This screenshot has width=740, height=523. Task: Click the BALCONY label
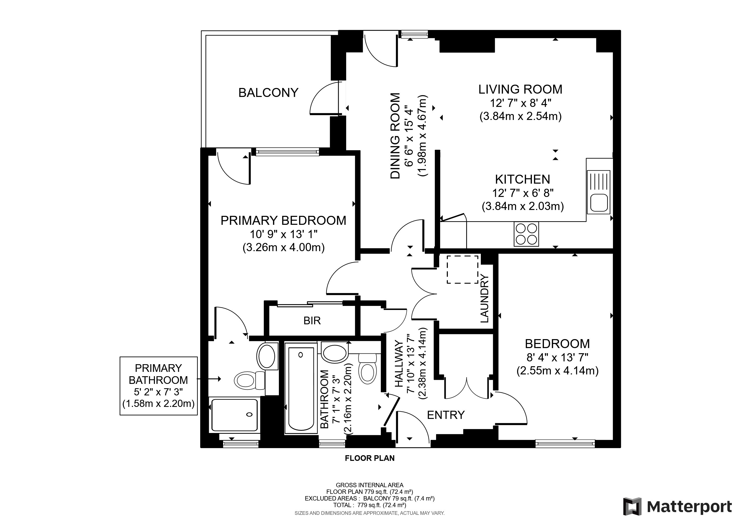[268, 93]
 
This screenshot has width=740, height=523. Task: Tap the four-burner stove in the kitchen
[526, 235]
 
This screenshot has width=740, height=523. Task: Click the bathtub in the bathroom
[300, 388]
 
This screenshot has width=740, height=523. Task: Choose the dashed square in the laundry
[462, 270]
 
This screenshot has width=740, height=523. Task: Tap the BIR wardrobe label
[312, 320]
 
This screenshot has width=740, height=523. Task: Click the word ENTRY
[446, 415]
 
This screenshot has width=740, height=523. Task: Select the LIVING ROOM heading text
[520, 89]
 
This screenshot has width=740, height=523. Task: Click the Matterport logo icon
[632, 507]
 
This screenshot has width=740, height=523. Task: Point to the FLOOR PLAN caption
[369, 458]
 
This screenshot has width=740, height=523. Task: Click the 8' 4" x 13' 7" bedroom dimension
[557, 357]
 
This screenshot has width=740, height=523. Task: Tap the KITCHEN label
[522, 179]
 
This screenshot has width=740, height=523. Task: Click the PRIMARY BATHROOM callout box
[158, 386]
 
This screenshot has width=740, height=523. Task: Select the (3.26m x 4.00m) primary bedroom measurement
[283, 247]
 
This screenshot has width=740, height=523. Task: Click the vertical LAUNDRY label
[484, 298]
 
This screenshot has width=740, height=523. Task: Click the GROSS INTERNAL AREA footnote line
[369, 485]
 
